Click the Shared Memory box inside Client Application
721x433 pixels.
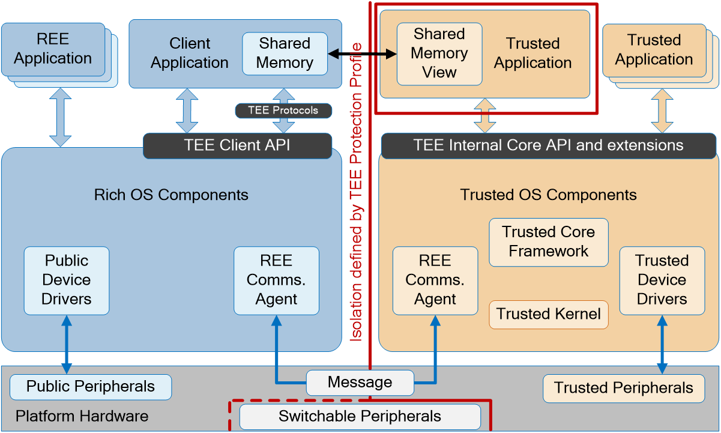click(x=285, y=53)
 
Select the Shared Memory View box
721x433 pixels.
click(x=439, y=53)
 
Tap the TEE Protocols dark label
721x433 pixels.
click(x=283, y=111)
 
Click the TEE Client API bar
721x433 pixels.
click(x=237, y=145)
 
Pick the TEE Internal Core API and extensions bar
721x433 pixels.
click(x=548, y=145)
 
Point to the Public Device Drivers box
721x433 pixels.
click(x=67, y=280)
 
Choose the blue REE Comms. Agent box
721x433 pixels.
click(x=276, y=280)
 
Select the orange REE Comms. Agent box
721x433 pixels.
click(x=435, y=280)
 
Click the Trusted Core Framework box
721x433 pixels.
click(x=548, y=242)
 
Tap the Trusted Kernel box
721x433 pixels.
click(x=548, y=314)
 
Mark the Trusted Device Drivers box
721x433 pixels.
click(x=662, y=280)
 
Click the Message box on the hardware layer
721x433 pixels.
click(x=360, y=383)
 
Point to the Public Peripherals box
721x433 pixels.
click(x=91, y=387)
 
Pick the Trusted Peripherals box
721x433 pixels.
click(x=624, y=389)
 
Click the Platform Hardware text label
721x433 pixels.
click(x=82, y=416)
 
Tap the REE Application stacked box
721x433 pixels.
click(x=53, y=49)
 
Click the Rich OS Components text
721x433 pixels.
click(x=171, y=195)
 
